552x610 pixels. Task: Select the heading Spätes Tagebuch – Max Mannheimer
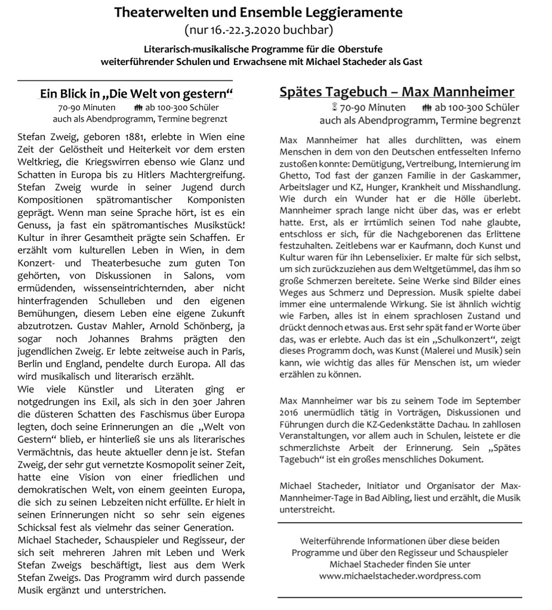tap(397, 92)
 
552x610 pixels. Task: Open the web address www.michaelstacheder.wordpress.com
tap(400, 576)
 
